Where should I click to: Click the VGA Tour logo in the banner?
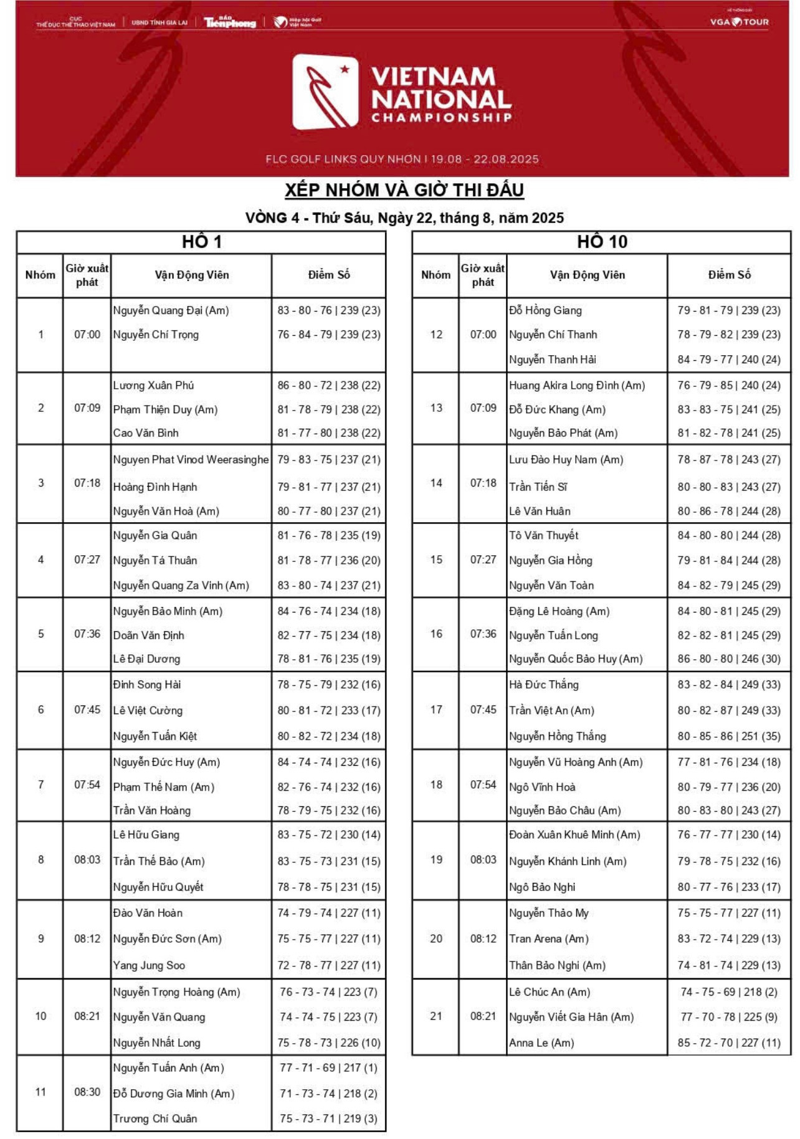740,22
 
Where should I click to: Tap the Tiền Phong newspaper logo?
229,22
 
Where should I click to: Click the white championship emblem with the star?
325,92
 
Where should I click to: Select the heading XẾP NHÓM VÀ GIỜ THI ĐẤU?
404,190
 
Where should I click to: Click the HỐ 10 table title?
601,242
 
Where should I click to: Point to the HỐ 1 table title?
201,242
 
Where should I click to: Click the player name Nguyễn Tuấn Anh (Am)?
168,1067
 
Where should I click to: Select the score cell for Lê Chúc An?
728,992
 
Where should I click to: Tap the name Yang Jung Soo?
149,965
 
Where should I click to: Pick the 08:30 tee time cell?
87,1092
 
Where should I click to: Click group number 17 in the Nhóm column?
436,710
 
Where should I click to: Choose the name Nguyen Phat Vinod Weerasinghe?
191,460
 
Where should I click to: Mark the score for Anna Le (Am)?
728,1042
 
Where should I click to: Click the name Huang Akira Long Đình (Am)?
577,386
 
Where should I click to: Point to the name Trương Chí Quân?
155,1118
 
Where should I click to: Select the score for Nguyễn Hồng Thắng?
728,736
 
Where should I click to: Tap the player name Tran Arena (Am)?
548,938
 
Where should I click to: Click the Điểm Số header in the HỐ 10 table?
729,275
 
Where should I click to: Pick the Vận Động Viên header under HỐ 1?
192,275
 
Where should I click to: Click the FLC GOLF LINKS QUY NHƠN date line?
402,159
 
